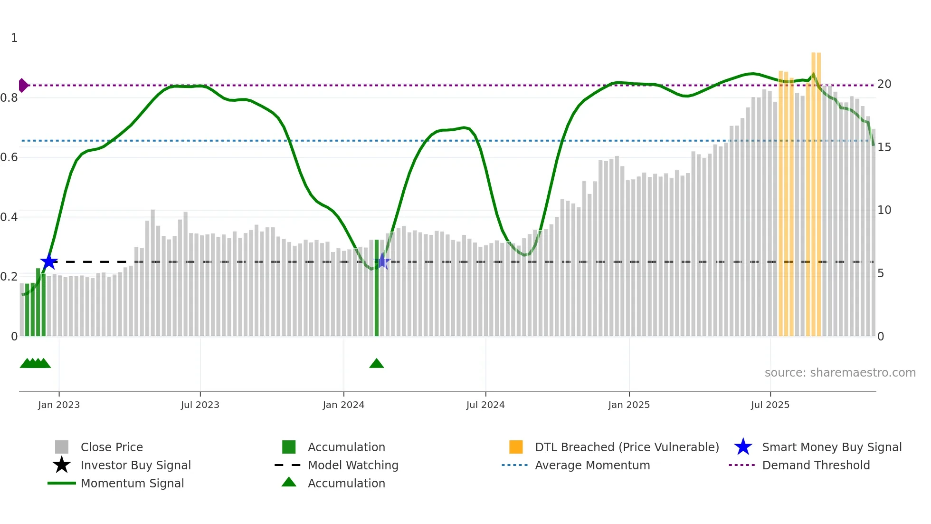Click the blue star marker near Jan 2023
click(x=48, y=262)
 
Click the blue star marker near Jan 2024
click(x=382, y=261)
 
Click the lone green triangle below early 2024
click(x=376, y=364)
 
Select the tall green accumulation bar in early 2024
click(x=377, y=288)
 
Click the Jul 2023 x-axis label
click(x=200, y=405)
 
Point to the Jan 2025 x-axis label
click(x=629, y=405)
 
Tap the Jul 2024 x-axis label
click(x=485, y=405)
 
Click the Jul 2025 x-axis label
click(x=770, y=405)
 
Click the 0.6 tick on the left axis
click(x=9, y=157)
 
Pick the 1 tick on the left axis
click(x=14, y=38)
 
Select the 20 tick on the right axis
click(x=884, y=84)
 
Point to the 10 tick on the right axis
click(x=884, y=210)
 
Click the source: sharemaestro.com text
click(x=840, y=373)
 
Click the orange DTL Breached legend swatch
click(x=516, y=447)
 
